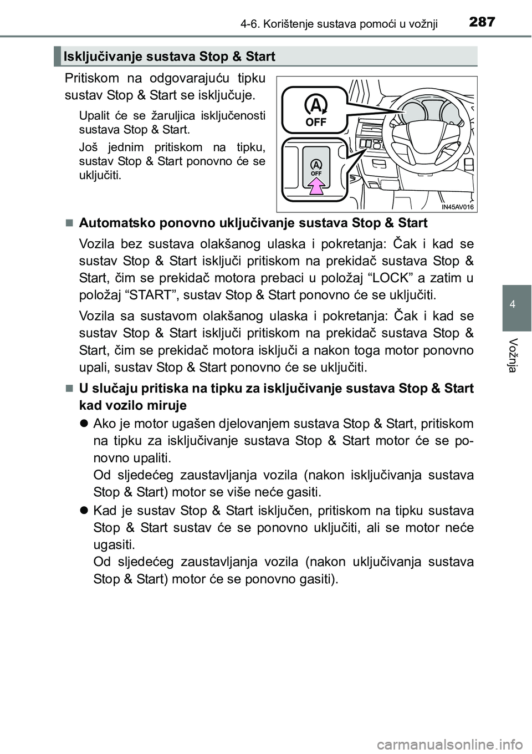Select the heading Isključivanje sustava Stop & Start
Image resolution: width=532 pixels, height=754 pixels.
click(x=170, y=56)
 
